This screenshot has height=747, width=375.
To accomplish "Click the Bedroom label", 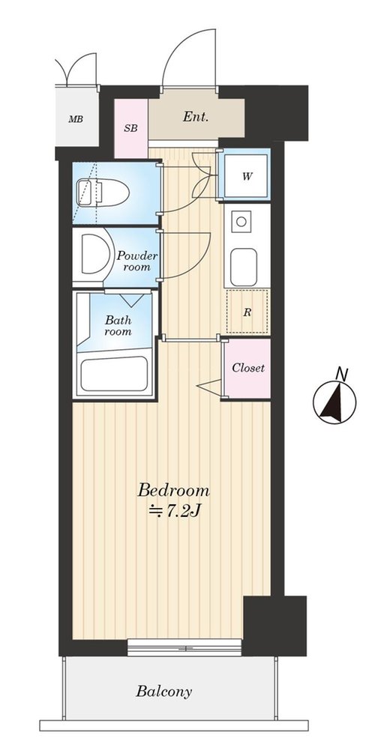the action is point(174,490).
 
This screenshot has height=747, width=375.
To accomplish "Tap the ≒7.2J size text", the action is point(175,512).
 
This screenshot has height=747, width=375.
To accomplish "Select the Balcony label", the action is point(164,692).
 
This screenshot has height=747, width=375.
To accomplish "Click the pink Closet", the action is point(247,369).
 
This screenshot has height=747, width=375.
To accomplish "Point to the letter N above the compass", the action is point(340,374).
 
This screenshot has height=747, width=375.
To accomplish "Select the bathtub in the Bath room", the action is point(113,373).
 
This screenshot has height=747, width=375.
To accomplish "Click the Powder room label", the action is point(137,261).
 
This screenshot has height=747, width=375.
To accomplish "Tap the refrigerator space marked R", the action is point(247,312).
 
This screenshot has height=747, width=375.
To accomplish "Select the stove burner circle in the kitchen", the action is point(242,222).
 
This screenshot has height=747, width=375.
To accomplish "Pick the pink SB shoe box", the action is point(130,128).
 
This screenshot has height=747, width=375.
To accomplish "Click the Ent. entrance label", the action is point(196,117).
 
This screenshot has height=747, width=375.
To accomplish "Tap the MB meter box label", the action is point(76,119).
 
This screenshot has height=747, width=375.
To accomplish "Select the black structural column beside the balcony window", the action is point(274,626).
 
